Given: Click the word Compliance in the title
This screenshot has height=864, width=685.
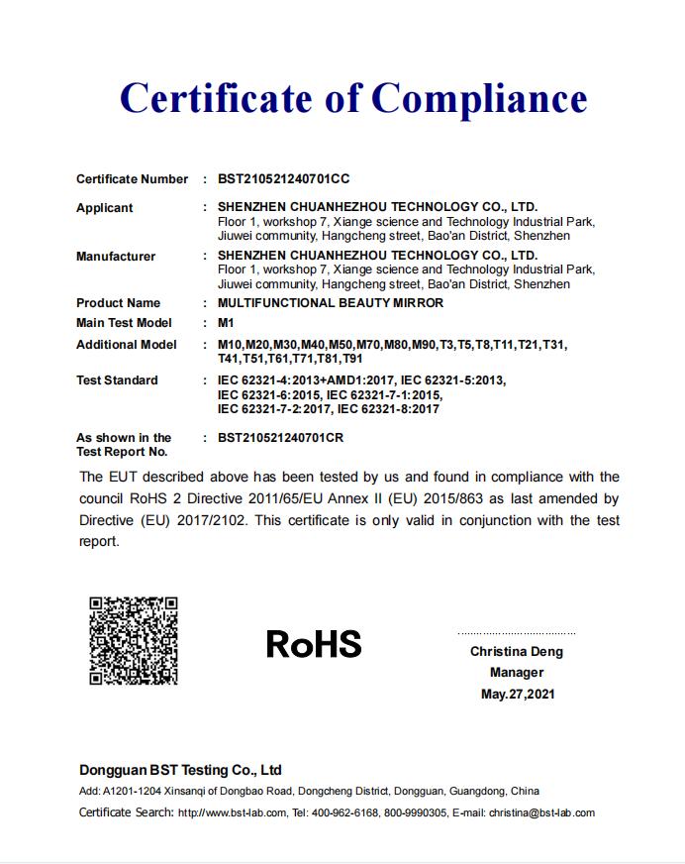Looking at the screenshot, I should pos(479,99).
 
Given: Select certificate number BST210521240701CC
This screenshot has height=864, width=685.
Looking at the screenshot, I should pos(284,179).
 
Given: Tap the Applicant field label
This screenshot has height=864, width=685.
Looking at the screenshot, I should pos(104,208).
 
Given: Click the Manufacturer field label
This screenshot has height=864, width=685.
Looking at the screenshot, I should pos(116,257).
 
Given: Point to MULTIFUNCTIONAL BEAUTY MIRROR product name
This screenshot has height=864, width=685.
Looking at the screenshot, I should pos(331,303).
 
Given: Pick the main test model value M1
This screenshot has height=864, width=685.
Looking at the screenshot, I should pos(225,323).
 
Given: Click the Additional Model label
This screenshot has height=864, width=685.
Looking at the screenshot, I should pos(127,345).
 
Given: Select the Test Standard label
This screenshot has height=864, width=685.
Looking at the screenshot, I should pos(117,380).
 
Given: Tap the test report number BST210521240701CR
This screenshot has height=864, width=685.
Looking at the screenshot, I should pos(280,437).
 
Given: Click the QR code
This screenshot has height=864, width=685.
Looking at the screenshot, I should pos(134,640).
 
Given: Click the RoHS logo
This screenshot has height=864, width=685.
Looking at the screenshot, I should pos(314,645).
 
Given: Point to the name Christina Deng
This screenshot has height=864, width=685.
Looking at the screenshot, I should pos(517,651).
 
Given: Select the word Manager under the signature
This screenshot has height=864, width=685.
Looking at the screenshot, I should pos(517,673).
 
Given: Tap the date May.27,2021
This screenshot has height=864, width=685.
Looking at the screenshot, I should pos(518,695).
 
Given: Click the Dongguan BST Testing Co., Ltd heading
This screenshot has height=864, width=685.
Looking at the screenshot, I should pos(180,770).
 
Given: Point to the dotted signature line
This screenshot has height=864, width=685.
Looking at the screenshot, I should pos(517,633).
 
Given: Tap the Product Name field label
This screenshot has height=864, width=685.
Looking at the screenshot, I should pos(118,303).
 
